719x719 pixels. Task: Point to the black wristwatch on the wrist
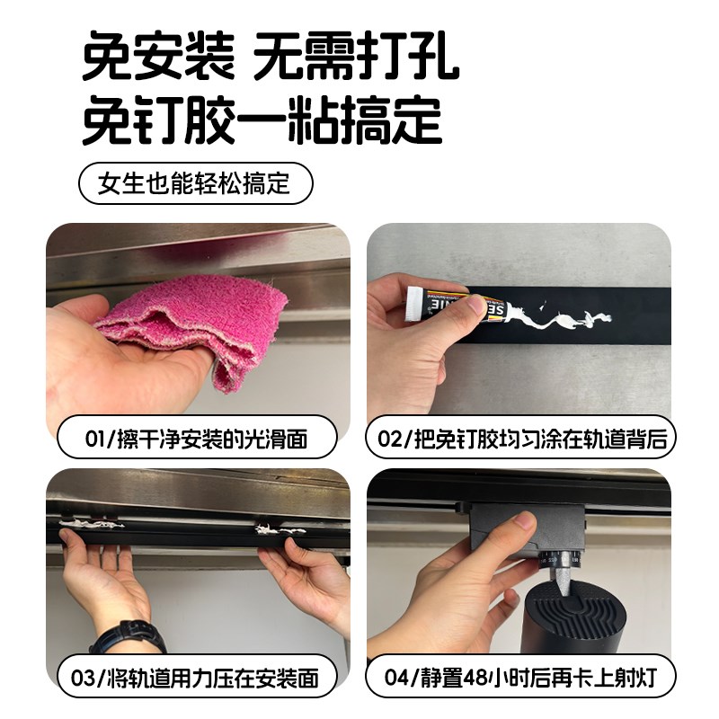pyautogui.click(x=126, y=637)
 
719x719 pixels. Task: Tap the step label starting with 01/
pyautogui.click(x=197, y=439)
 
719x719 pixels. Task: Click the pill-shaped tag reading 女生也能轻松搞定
pyautogui.click(x=196, y=184)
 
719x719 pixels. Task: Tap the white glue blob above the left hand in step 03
pyautogui.click(x=90, y=522)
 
